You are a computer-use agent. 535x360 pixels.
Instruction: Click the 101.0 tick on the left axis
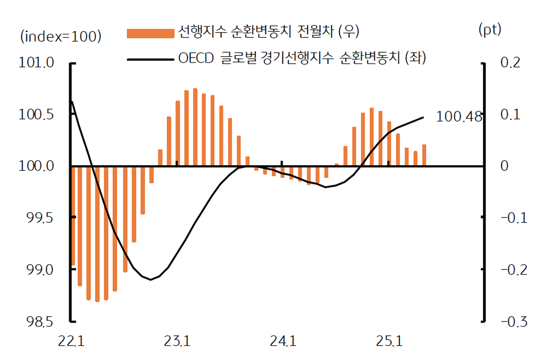pyautogui.click(x=37, y=62)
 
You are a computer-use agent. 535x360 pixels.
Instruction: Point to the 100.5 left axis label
pyautogui.click(x=37, y=114)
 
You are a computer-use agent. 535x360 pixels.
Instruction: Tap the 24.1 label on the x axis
pyautogui.click(x=283, y=343)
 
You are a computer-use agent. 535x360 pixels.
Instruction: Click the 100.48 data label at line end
pyautogui.click(x=459, y=117)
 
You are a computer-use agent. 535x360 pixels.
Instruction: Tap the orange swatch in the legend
pyautogui.click(x=150, y=33)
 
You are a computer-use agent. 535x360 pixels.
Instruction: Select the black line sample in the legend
pyautogui.click(x=150, y=59)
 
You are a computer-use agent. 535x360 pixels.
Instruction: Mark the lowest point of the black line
pyautogui.click(x=151, y=280)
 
